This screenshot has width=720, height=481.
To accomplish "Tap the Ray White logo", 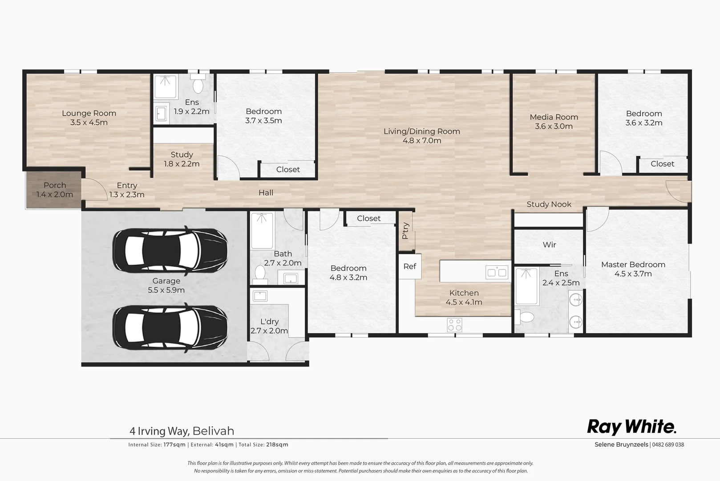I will point(631,427).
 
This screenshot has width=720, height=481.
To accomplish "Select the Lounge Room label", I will point(89,114).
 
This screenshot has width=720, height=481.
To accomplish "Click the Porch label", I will point(55,185).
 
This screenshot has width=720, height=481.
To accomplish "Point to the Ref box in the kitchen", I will point(409,266).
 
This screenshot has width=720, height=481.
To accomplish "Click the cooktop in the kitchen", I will point(454,325).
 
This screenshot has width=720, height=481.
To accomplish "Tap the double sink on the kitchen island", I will point(497,272).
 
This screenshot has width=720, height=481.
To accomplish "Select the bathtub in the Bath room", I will point(262,230).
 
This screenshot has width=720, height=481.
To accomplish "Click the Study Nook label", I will point(549,204).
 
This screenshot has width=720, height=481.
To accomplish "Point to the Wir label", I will point(549,245).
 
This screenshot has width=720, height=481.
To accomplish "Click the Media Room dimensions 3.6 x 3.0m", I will point(554,126).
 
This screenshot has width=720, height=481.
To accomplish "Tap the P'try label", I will point(405,231).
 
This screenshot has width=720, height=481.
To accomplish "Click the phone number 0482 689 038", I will point(668,444).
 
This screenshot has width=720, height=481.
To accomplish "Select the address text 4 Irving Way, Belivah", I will point(182,431).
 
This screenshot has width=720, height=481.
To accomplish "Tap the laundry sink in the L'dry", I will point(259,296).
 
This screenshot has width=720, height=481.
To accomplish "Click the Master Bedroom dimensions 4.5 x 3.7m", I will point(633,274).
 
